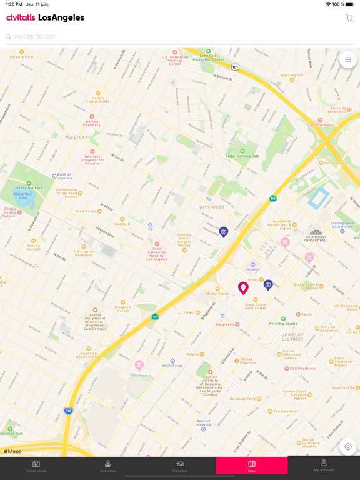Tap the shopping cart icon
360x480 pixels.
point(349,18)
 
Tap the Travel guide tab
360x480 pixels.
point(36,466)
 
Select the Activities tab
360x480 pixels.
point(108,466)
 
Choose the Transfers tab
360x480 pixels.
point(180,466)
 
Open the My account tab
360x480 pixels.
point(324,466)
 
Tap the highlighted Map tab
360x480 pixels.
point(252,466)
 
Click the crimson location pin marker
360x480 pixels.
point(243,287)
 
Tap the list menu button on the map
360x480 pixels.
point(348,60)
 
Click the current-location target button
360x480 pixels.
point(348,447)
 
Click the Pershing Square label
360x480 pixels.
point(283,323)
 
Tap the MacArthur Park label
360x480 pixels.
point(29,187)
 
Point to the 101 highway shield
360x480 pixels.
point(235,67)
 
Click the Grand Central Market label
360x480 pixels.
point(306,286)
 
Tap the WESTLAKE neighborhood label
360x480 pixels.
point(78,137)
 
